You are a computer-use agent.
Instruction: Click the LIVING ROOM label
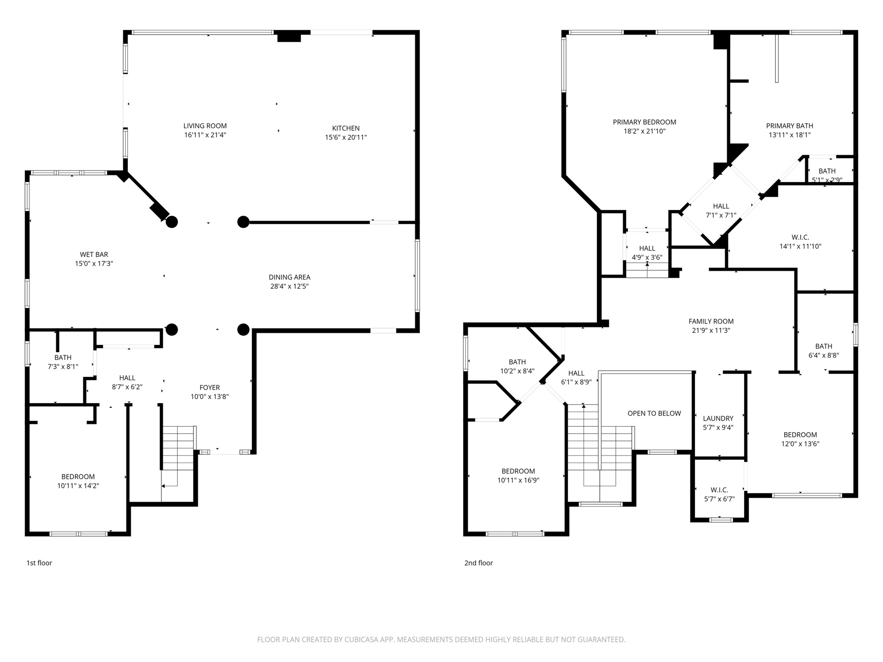205,126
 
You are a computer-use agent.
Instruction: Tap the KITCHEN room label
346,128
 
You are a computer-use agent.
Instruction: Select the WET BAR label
94,255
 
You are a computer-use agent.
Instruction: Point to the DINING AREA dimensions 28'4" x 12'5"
289,286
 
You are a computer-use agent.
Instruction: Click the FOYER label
210,388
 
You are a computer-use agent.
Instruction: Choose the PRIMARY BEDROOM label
644,122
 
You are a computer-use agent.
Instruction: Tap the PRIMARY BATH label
790,126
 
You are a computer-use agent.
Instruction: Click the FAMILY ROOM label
711,321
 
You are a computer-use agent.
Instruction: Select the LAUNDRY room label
718,418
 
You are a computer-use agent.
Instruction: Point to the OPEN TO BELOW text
654,413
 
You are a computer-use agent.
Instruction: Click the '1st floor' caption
39,563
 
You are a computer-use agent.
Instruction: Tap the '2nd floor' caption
478,563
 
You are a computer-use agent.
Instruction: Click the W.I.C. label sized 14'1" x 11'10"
800,237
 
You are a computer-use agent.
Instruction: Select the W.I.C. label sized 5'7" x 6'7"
719,490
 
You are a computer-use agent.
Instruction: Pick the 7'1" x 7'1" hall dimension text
721,215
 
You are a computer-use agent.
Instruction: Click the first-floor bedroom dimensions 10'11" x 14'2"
78,486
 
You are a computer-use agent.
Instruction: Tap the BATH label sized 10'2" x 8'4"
517,362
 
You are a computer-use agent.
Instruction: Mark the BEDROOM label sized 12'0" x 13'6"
800,435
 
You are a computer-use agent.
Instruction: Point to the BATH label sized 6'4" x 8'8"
824,346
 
